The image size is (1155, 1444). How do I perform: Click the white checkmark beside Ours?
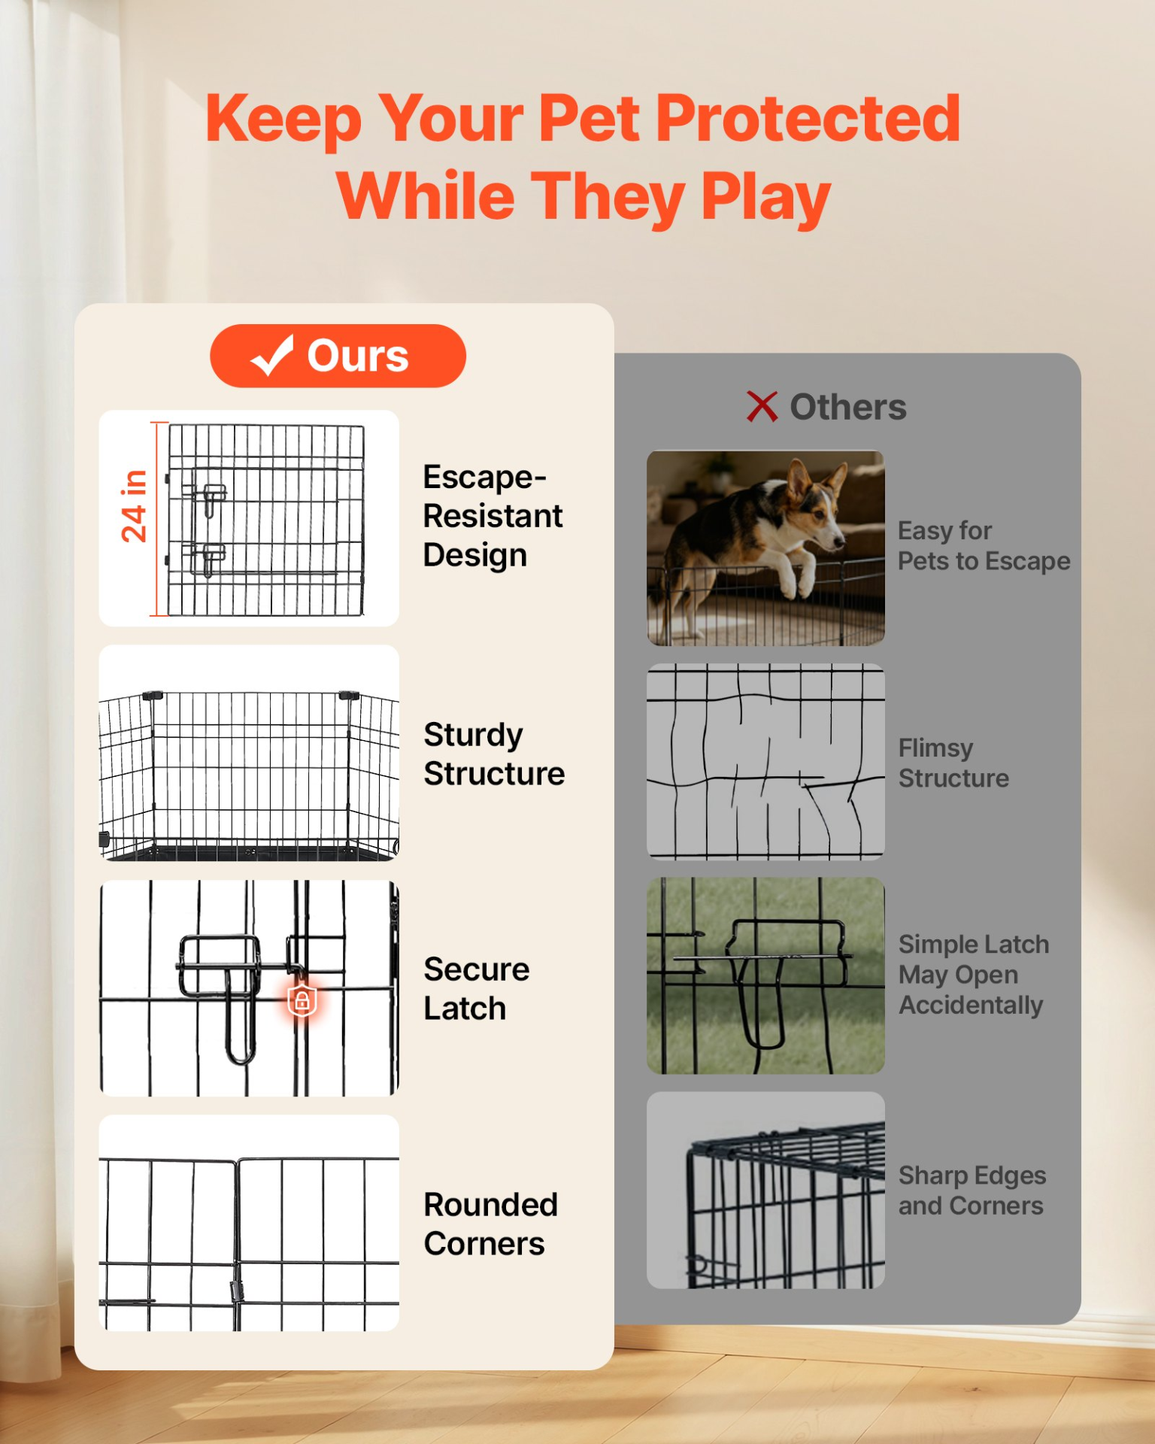coord(271,355)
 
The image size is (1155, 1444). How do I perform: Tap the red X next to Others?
coord(762,406)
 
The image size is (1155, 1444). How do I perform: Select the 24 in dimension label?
coord(134,506)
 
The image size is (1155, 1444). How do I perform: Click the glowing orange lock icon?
coord(302,1000)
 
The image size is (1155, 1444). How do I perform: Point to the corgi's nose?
coord(839,541)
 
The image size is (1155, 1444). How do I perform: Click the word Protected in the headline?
coord(808,118)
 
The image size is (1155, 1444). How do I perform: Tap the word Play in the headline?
coord(765,198)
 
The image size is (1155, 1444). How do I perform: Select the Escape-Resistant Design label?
coord(493,516)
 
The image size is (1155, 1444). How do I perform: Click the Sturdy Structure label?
coord(494,754)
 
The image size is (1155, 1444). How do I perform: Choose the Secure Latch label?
coord(477,989)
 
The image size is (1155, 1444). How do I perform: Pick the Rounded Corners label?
coord(491,1224)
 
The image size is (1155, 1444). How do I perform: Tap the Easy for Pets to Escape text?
coord(984,546)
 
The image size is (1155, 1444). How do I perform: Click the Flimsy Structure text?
coord(953,763)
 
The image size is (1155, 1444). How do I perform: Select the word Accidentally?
coord(972,1006)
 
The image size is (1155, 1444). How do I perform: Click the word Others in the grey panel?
coord(848,407)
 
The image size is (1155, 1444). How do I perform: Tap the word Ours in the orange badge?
coord(358,356)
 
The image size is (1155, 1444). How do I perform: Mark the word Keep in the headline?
coord(283,120)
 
